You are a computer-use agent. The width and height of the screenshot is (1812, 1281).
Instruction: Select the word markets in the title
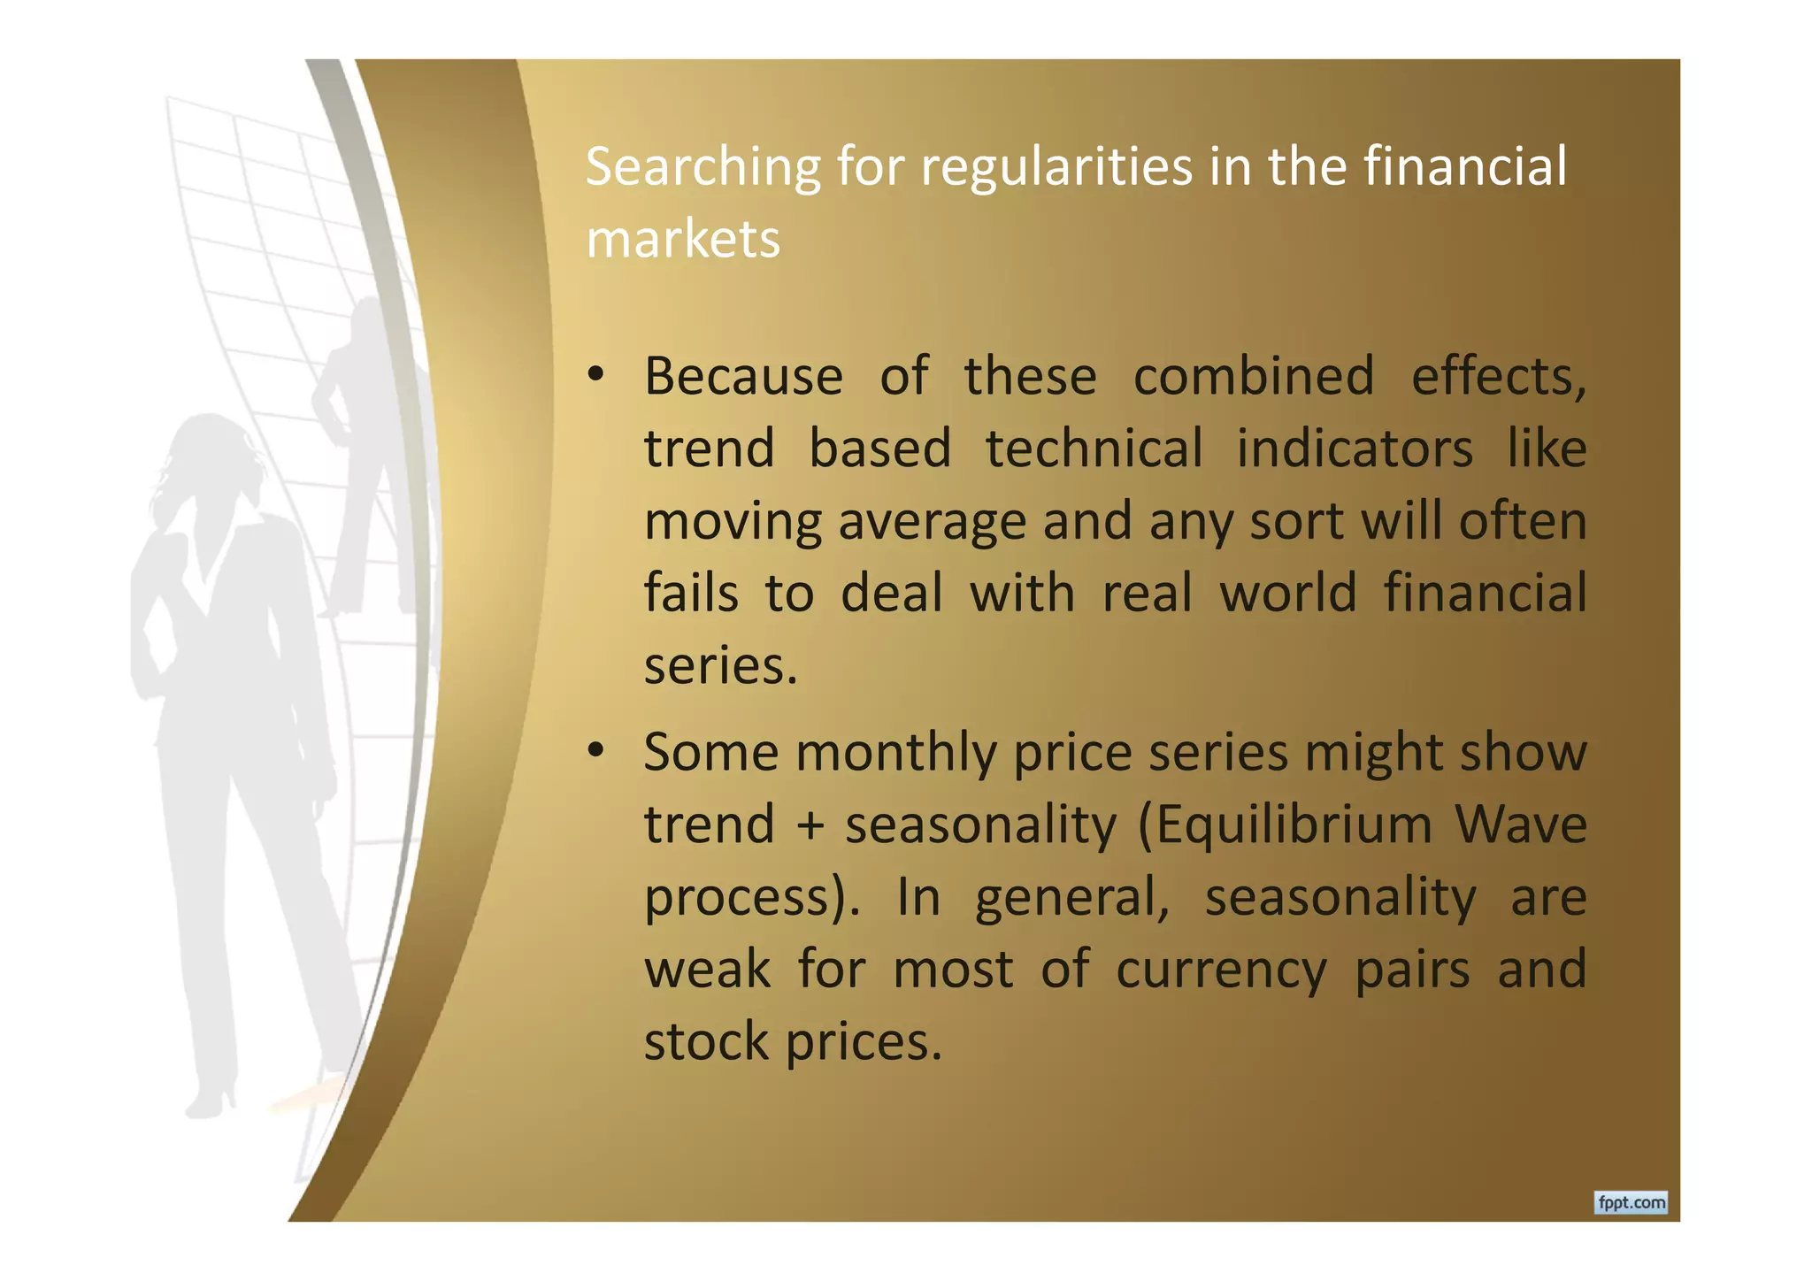point(683,239)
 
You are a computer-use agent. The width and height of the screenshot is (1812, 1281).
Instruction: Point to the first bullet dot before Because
point(595,376)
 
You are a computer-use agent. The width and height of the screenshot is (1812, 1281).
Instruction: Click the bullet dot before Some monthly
point(595,752)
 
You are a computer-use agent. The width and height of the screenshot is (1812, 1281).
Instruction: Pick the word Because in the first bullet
point(743,376)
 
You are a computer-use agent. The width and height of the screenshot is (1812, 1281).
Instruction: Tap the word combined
point(1254,376)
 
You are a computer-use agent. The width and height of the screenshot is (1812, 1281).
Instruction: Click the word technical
point(1094,449)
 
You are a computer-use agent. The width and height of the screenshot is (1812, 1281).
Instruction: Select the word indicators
point(1355,449)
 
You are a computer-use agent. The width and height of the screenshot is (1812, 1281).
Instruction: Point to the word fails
point(691,593)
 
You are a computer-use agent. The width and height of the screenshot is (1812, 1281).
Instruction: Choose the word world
point(1288,593)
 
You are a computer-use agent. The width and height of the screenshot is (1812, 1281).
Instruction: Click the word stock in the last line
point(706,1041)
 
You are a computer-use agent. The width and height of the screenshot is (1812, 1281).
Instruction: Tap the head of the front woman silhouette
point(215,451)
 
